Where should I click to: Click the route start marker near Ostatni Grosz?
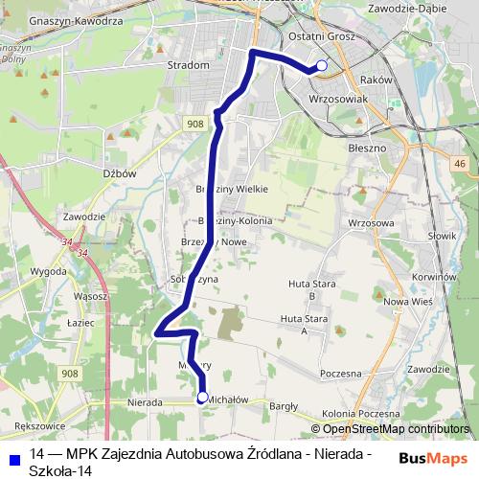(322, 65)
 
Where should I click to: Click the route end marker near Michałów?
(202, 397)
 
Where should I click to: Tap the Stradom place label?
(188, 65)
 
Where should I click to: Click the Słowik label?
(442, 235)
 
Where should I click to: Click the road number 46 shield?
(461, 165)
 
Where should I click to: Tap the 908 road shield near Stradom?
(194, 125)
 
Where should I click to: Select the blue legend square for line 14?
(13, 458)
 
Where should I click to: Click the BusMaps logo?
(433, 458)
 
